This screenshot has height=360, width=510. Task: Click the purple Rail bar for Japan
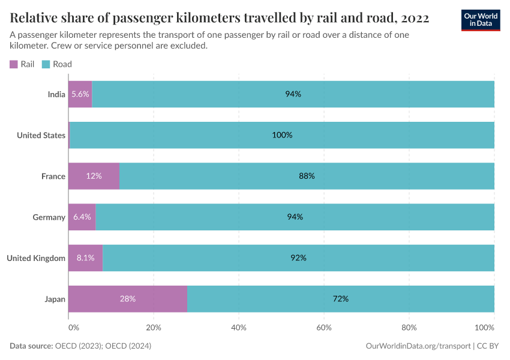[x=128, y=298]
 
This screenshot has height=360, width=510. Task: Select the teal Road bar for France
[x=307, y=176]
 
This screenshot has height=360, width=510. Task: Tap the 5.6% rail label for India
[x=80, y=94]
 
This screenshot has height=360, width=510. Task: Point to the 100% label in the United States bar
[x=282, y=135]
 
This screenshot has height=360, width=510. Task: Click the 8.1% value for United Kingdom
[x=85, y=257]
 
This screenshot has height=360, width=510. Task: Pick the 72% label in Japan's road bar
[x=341, y=298]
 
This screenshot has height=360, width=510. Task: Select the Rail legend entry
[x=22, y=64]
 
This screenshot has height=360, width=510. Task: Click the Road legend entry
[x=57, y=64]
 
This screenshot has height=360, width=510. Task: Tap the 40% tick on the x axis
[x=239, y=328]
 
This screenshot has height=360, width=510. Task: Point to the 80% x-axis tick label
[x=409, y=328]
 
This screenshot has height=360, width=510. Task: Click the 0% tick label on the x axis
[x=73, y=328]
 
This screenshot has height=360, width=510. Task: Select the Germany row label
[x=49, y=217]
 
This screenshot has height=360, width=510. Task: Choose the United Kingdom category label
[x=36, y=258]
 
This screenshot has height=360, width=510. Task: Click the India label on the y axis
[x=56, y=95]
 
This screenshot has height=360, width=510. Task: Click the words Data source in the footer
[x=31, y=346]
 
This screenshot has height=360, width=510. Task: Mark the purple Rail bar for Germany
[x=82, y=217]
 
